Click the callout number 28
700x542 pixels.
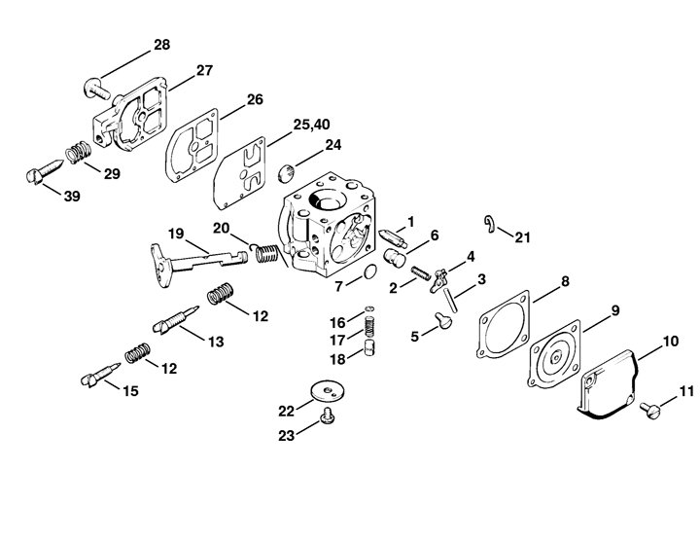click(x=162, y=45)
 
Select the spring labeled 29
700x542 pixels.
click(x=79, y=152)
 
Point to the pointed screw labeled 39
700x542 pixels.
click(x=45, y=170)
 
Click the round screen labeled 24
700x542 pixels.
click(x=286, y=173)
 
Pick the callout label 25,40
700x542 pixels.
click(x=312, y=125)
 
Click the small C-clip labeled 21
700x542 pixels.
click(x=490, y=224)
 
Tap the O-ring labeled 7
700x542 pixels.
click(x=370, y=271)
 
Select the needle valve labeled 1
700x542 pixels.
click(x=393, y=237)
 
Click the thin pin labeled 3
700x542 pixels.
click(x=449, y=299)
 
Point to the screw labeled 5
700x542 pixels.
click(x=443, y=320)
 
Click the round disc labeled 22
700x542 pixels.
click(x=329, y=391)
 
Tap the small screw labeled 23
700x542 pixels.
click(x=327, y=416)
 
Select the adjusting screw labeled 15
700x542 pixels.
click(x=100, y=375)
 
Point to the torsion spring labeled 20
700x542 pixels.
click(x=266, y=254)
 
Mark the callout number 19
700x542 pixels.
click(x=176, y=234)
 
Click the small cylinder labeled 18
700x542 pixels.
click(x=369, y=347)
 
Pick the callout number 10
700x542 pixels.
click(x=671, y=342)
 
